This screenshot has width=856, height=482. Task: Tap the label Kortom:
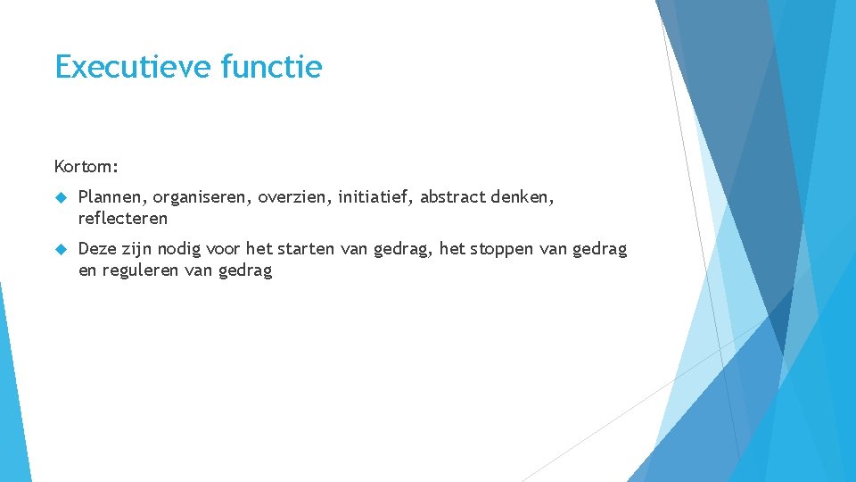(x=86, y=166)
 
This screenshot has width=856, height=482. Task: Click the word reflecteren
(x=123, y=218)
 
